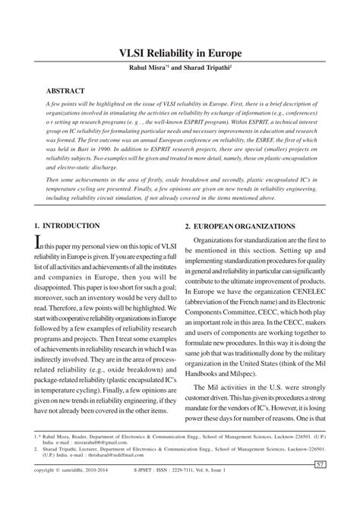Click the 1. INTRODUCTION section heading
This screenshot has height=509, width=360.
coord(67,226)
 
